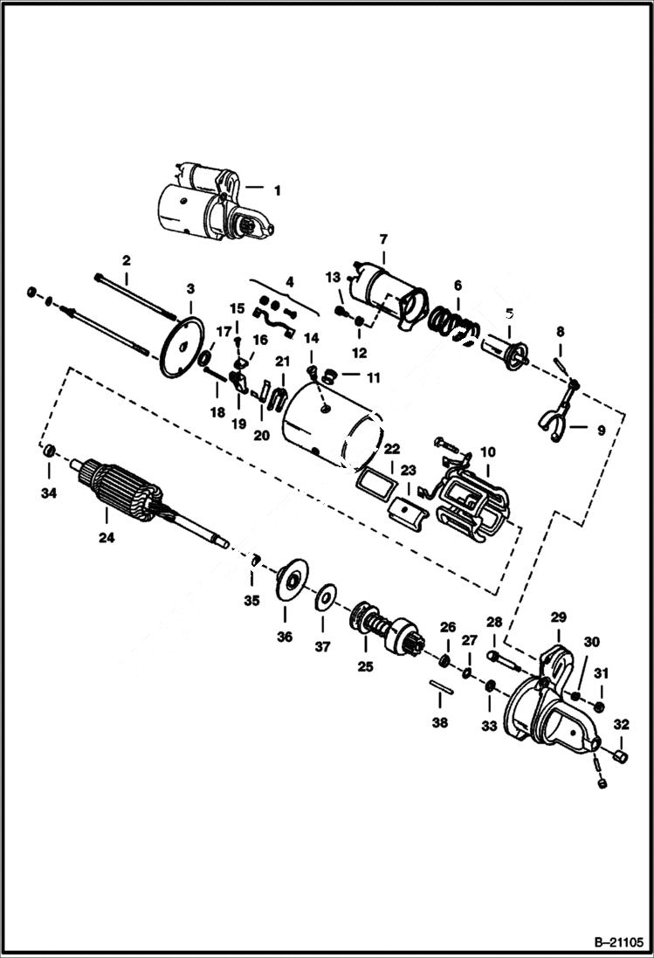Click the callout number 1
coord(278,189)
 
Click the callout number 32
coord(621,724)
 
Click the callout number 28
coord(494,622)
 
